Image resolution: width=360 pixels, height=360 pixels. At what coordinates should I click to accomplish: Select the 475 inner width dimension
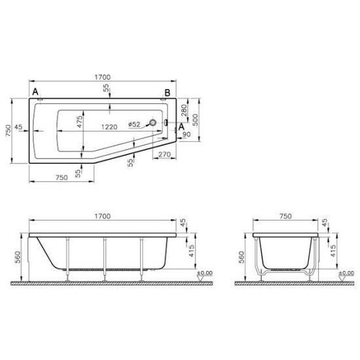(x=79, y=122)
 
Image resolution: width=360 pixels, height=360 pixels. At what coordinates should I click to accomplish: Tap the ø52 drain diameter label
(x=135, y=124)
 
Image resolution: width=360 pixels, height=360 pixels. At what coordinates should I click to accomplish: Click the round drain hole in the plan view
(x=153, y=123)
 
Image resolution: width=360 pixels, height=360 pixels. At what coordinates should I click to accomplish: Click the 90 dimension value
(x=187, y=135)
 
